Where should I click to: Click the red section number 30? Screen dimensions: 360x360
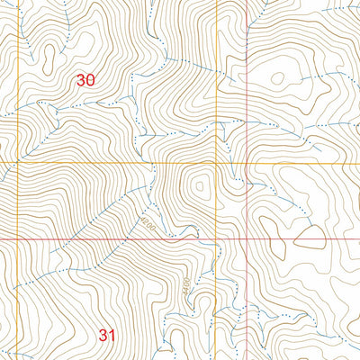(86, 80)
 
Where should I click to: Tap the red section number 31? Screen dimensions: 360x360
(108, 336)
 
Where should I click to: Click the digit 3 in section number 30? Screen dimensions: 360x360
(81, 80)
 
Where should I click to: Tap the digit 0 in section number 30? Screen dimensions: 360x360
(91, 80)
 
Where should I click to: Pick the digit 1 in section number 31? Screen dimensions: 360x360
(113, 336)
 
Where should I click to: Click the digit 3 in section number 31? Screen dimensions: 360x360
(103, 336)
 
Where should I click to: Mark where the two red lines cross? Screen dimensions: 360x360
(247, 240)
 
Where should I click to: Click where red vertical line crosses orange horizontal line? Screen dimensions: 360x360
(247, 163)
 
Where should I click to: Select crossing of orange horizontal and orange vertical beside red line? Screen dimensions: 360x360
(216, 163)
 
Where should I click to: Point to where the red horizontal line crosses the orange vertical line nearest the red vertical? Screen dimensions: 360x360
(216, 240)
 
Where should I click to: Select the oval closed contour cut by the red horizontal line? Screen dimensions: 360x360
(309, 238)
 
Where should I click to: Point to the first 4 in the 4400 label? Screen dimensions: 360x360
(186, 293)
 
